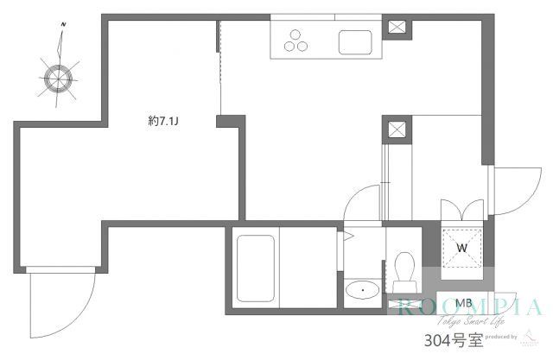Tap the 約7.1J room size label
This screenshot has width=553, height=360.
(163, 123)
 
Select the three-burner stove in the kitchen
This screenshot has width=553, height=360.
(298, 41)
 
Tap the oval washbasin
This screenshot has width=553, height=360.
(359, 289)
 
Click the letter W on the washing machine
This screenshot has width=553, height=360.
(461, 248)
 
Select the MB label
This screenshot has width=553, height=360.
(463, 303)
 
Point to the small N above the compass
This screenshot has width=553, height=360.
(62, 35)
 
